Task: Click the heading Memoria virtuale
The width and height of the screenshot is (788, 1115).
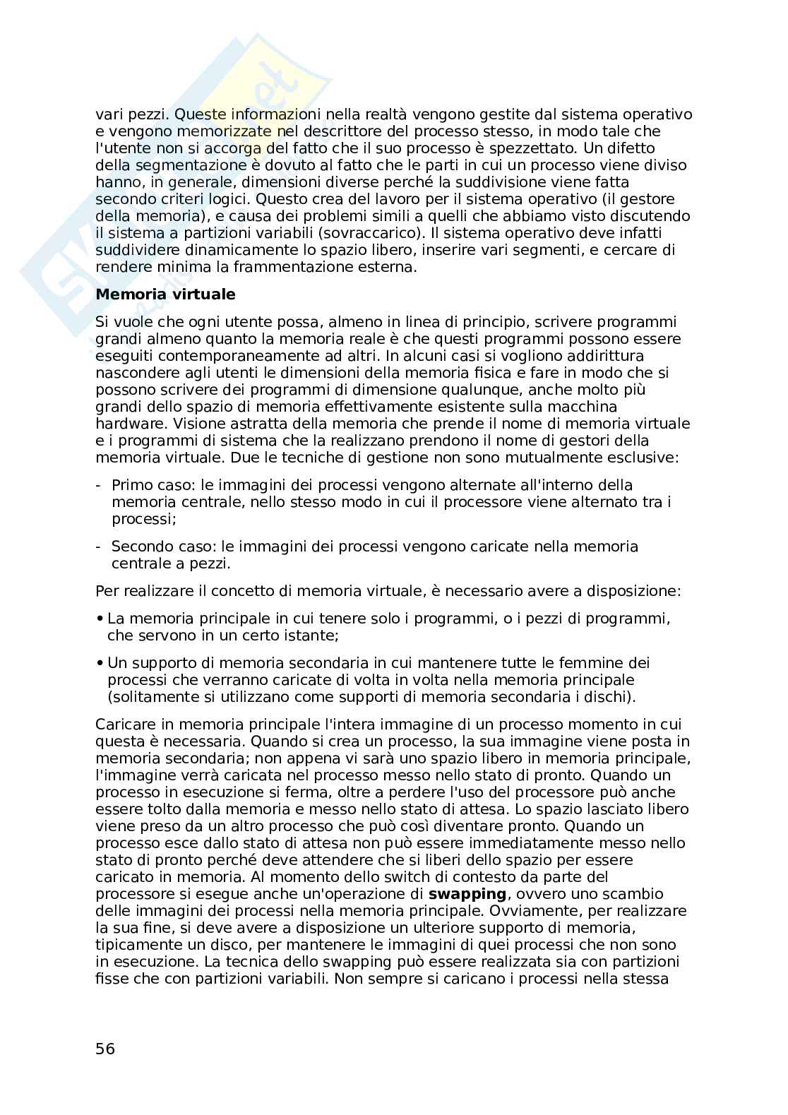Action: (165, 294)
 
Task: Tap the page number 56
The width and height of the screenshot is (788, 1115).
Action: (105, 1048)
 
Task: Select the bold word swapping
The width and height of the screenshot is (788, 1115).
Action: (467, 894)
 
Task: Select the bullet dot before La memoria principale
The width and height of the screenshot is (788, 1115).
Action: (100, 619)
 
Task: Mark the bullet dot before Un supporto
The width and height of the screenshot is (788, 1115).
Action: (100, 664)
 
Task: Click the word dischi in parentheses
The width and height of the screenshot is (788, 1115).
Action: (608, 697)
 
